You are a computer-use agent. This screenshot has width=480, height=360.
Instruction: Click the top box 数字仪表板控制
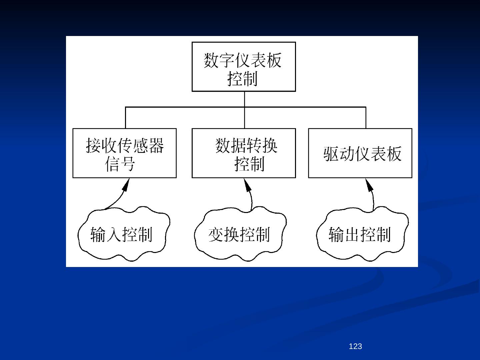coord(244,67)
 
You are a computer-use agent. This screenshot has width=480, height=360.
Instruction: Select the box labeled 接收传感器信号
coord(124,153)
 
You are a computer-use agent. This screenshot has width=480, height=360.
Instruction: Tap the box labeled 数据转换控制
coord(244,153)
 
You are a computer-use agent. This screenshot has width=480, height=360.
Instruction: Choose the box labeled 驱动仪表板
coord(360,153)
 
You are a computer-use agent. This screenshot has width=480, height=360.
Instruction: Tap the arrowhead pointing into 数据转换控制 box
coord(248,185)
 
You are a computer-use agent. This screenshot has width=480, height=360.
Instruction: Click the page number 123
coord(355,347)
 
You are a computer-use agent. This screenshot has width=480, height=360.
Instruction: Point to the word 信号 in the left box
coord(120,164)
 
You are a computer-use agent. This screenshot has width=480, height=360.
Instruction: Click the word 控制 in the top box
coord(243,79)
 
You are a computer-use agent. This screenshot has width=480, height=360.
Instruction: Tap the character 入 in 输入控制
coord(114,234)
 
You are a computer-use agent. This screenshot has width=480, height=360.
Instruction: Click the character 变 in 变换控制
coord(216,235)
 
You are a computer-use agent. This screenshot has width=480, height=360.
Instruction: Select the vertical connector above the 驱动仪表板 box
coord(366,118)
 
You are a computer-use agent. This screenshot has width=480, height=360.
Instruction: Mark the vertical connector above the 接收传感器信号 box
coord(125,118)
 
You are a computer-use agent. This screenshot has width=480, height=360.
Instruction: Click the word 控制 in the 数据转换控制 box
coord(249,164)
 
